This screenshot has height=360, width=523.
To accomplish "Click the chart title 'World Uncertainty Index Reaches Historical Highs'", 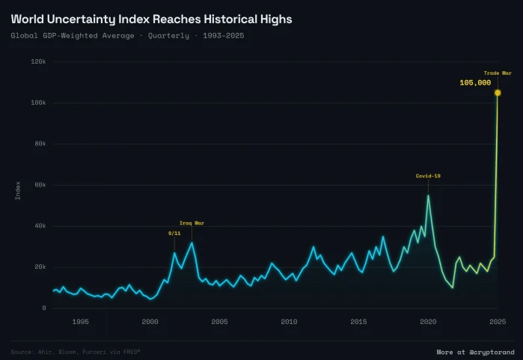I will pos(151,19).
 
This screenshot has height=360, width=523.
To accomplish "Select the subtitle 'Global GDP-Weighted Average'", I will pos(73,35).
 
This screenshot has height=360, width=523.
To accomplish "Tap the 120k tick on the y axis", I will pos(39,62).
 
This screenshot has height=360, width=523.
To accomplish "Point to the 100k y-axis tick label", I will pos(39,103).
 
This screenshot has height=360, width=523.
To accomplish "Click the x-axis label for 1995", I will pos(80,321).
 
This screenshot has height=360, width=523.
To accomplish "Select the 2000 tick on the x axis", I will pos(150,321).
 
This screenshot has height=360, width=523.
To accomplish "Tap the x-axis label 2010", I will pos(289,321).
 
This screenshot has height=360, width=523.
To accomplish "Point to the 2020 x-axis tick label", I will pos(428,321).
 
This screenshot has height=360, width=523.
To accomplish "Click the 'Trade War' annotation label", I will pos(497,73).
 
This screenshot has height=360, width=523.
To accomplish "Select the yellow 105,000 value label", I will pos(475,83).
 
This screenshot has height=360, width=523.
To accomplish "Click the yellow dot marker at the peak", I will pos(498,93).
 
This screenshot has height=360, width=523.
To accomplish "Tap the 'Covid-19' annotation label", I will pos(428,176).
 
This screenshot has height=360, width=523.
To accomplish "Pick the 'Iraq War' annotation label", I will pos(192,223).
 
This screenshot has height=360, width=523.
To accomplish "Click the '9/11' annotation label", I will pos(174,234).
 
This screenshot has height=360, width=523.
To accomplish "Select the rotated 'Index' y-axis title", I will pos(18,190).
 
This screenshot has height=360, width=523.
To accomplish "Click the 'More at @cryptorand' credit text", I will pos(475,351).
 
